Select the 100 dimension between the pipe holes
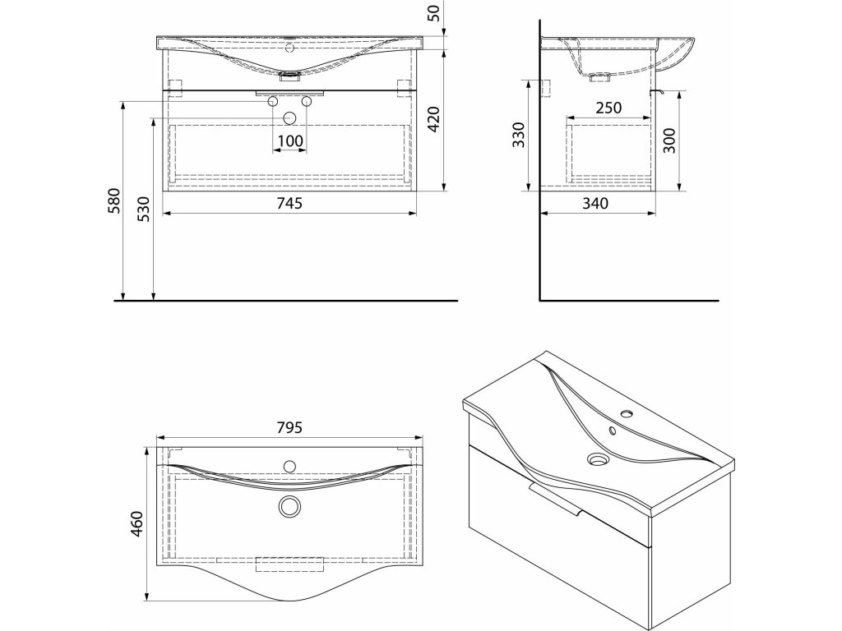click(289, 140)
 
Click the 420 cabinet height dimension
click(435, 121)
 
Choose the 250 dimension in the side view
click(608, 108)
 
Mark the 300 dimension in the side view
click(669, 140)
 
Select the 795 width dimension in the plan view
click(289, 427)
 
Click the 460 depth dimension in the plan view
click(136, 523)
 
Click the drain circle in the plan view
click(289, 507)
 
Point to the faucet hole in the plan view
click(289, 467)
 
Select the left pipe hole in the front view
click(273, 102)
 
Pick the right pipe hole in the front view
click(306, 102)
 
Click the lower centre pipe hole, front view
click(289, 117)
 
